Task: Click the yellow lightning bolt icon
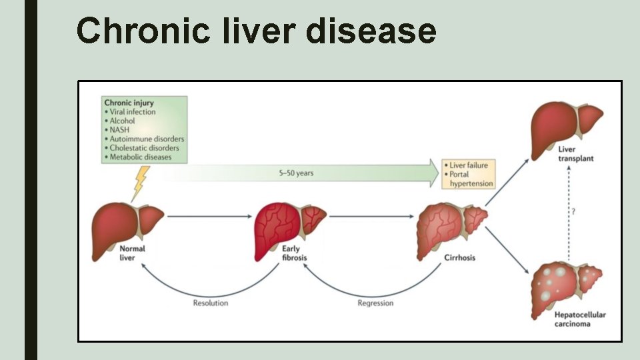tap(140, 182)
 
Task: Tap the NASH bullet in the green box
tap(120, 130)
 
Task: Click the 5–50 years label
tap(296, 173)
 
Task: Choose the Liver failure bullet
tap(469, 165)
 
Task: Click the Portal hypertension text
tap(471, 179)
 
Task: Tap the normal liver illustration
tap(127, 226)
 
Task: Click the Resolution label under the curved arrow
tap(211, 303)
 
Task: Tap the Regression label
tap(375, 303)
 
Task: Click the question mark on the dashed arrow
tap(573, 212)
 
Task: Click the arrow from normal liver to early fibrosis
tap(207, 217)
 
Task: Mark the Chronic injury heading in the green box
tap(129, 103)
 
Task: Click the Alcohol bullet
tap(122, 121)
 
